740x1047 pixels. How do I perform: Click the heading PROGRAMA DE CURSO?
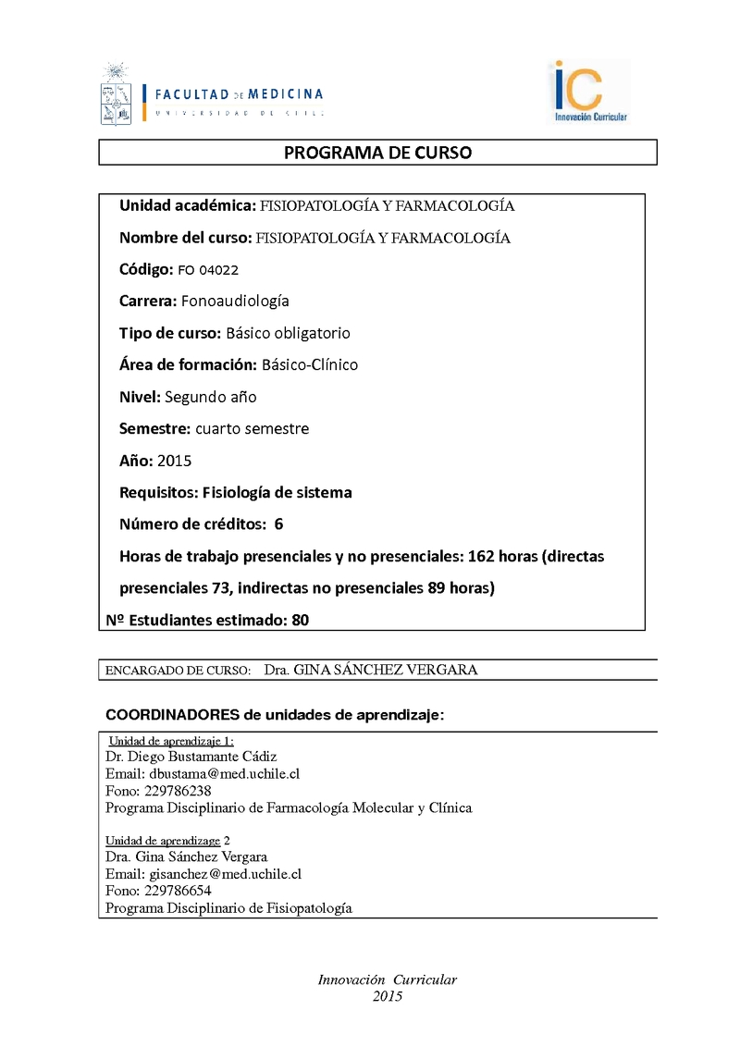click(377, 153)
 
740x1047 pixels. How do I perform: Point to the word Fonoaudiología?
click(235, 302)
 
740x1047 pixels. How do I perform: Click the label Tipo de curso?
click(170, 333)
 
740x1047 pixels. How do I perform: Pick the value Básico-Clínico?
click(310, 364)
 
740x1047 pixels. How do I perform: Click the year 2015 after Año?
click(175, 461)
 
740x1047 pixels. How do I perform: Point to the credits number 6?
click(278, 524)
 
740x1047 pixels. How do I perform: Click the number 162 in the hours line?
click(452, 556)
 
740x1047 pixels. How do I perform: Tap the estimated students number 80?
click(300, 621)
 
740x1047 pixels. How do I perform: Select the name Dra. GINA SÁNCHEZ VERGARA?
click(370, 670)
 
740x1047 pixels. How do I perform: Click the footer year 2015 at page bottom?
click(388, 996)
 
